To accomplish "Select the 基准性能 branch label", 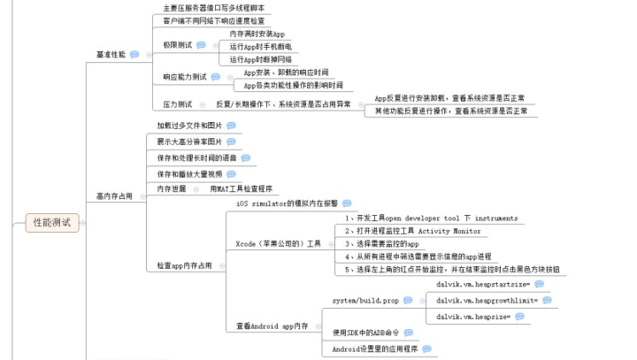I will pyautogui.click(x=111, y=55).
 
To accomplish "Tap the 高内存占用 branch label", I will pyautogui.click(x=114, y=195).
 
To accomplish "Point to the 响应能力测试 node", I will pyautogui.click(x=184, y=77).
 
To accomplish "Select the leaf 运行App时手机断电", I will pyautogui.click(x=260, y=46).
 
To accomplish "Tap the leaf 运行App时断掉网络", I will pyautogui.click(x=260, y=59).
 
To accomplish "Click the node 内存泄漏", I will pyautogui.click(x=172, y=189).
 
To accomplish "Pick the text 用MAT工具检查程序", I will pyautogui.click(x=241, y=189).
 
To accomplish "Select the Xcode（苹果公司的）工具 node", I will pyautogui.click(x=278, y=243).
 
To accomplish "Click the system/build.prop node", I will pyautogui.click(x=365, y=301).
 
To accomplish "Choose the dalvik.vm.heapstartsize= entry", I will pyautogui.click(x=482, y=285).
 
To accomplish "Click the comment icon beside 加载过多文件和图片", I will pyautogui.click(x=231, y=126).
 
